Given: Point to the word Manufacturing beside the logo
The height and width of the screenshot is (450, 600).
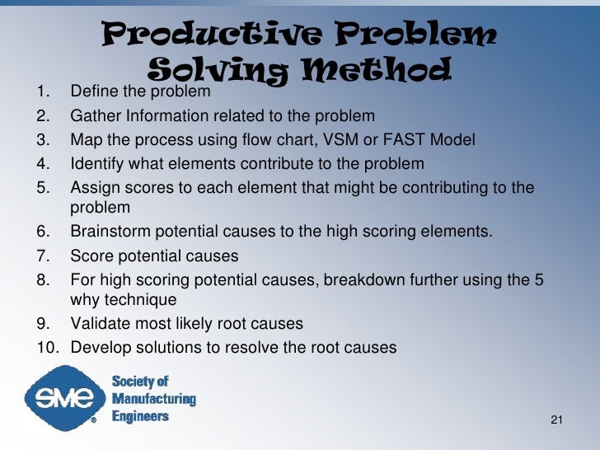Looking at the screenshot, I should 153,399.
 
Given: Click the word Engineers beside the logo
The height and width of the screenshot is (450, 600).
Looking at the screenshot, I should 140,416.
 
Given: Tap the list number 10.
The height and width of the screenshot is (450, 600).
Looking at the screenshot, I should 48,347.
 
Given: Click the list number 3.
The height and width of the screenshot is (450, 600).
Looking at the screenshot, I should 43,139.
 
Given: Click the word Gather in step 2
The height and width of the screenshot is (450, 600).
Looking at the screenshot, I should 94,115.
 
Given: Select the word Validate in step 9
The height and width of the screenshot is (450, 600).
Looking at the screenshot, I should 98,323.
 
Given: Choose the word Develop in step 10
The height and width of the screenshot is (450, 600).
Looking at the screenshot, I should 98,347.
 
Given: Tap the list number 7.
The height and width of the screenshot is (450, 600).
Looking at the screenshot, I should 43,255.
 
